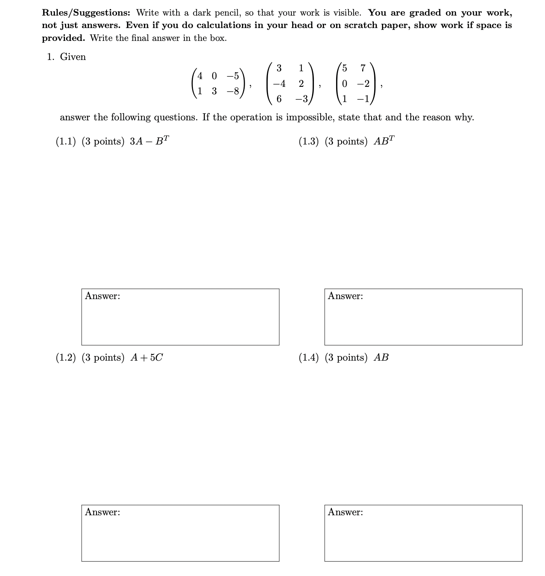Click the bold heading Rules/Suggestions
pos(86,13)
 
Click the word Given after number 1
pos(73,57)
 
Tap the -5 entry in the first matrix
pos(233,76)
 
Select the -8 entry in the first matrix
pos(233,92)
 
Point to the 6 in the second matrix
pos(279,99)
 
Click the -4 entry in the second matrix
pos(279,84)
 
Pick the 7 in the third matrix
pos(363,68)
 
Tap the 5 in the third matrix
pos(344,68)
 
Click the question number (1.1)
pos(65,141)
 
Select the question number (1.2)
pos(65,358)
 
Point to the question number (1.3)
pos(308,141)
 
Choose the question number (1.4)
pos(308,358)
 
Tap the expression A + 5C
pos(147,358)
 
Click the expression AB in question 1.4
pos(381,358)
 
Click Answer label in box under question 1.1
pos(103,296)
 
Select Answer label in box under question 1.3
pos(345,296)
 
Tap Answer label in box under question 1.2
pos(103,512)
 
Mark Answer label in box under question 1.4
pos(345,512)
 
